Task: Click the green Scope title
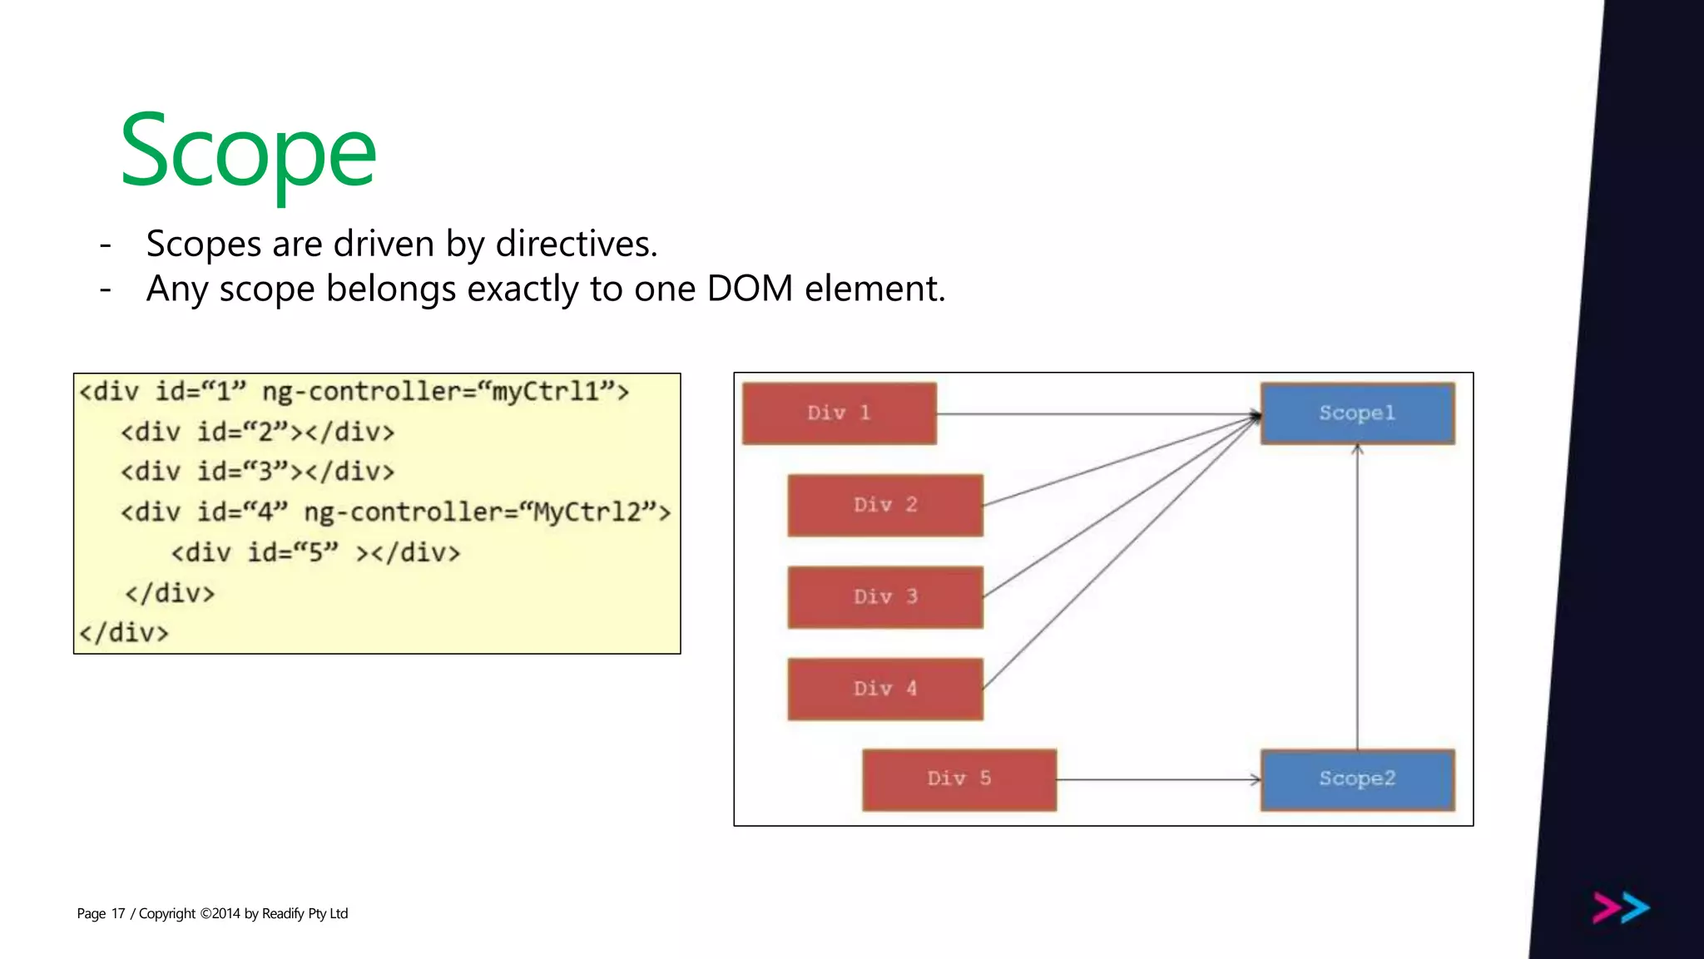(x=248, y=153)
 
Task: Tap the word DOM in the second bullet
(x=749, y=289)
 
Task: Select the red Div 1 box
(x=839, y=413)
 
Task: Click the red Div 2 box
(x=885, y=505)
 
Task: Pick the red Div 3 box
(x=885, y=597)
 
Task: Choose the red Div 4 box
(x=885, y=689)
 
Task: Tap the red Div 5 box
(x=959, y=779)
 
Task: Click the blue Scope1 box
(x=1357, y=413)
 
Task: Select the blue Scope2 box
(x=1357, y=779)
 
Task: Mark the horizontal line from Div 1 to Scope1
(x=1098, y=413)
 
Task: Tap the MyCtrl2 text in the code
(x=587, y=512)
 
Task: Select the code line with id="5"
(x=315, y=552)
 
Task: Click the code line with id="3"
(x=257, y=472)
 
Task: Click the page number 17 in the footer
(x=118, y=913)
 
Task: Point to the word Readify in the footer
(x=283, y=913)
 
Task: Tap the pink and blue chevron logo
(x=1621, y=907)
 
